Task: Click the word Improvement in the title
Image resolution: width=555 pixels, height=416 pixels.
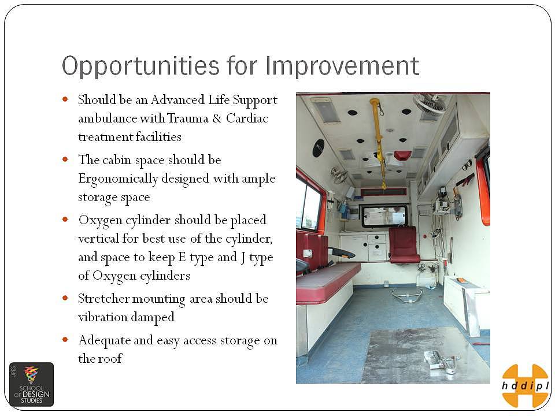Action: point(342,66)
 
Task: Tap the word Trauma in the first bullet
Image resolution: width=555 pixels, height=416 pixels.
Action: point(187,118)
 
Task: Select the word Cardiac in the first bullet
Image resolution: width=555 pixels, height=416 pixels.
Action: point(247,118)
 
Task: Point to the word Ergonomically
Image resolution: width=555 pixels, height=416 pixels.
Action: point(118,179)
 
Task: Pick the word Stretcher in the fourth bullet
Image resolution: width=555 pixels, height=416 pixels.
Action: point(104,299)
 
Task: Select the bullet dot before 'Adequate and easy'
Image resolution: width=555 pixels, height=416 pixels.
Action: point(65,340)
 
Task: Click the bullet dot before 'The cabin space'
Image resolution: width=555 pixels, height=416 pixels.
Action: point(65,159)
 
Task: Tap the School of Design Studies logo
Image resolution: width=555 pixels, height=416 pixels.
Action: point(31,385)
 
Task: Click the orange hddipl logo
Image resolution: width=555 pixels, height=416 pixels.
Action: point(526,385)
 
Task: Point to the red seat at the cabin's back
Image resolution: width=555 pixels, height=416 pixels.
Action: point(404,244)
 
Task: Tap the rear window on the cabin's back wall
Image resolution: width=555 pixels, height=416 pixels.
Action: point(384,216)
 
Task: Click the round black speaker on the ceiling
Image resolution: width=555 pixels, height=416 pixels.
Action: point(319,148)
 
